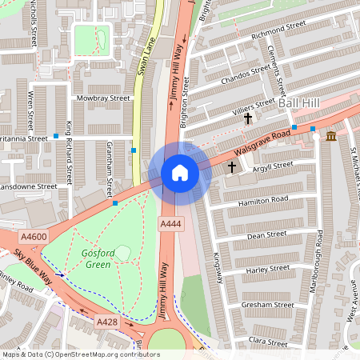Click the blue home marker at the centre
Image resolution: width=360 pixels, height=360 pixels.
pos(180,172)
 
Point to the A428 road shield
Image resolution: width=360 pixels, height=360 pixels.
pos(107,321)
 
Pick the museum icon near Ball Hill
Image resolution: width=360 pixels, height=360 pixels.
pos(331,137)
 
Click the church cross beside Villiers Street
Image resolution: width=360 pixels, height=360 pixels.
pos(248,118)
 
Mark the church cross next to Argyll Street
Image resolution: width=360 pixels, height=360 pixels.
pos(233,167)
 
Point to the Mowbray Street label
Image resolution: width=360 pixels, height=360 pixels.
pos(103,98)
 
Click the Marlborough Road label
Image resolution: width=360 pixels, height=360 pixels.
pos(319,261)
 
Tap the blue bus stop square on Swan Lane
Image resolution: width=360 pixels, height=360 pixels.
pos(134,150)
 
